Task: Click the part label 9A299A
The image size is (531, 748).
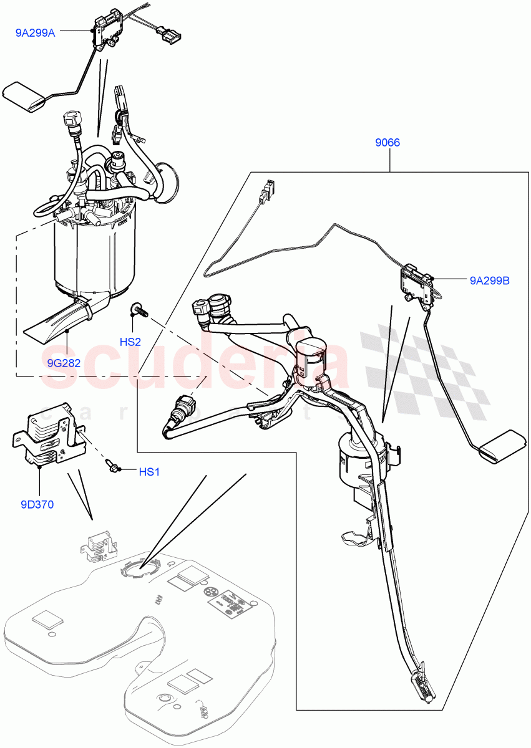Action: (36, 33)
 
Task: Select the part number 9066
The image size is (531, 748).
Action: (387, 143)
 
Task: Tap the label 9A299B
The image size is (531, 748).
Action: (490, 281)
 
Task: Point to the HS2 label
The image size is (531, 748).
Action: (130, 342)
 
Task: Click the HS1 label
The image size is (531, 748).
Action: (149, 472)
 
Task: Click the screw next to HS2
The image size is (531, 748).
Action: (138, 309)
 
